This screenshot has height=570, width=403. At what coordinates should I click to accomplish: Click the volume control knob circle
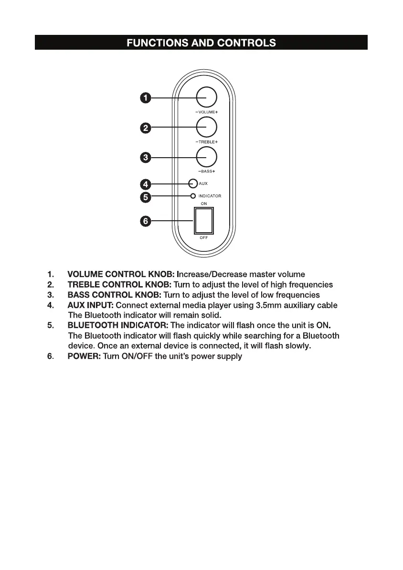206,97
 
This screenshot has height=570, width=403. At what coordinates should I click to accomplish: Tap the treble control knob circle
206,127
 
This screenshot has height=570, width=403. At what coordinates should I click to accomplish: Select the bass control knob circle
206,157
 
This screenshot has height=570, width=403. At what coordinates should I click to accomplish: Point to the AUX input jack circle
193,183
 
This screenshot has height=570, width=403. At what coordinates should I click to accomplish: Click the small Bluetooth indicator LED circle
193,196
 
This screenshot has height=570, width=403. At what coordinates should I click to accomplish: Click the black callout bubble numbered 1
145,98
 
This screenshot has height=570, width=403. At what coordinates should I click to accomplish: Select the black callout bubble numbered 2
145,128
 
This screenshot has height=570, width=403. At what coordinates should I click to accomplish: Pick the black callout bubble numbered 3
145,157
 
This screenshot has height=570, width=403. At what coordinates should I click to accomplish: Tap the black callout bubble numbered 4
145,183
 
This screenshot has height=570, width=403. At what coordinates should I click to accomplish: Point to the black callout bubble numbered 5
145,196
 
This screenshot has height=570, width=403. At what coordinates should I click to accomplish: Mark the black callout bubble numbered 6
145,221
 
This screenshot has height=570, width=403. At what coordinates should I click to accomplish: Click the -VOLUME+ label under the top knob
206,112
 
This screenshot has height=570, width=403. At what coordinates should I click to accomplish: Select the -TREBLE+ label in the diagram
206,142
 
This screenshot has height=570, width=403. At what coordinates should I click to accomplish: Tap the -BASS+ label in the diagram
206,171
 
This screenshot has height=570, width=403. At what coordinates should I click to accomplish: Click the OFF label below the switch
203,237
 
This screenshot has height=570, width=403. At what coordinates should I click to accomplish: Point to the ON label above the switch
203,204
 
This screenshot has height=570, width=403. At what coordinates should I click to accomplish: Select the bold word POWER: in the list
84,356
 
